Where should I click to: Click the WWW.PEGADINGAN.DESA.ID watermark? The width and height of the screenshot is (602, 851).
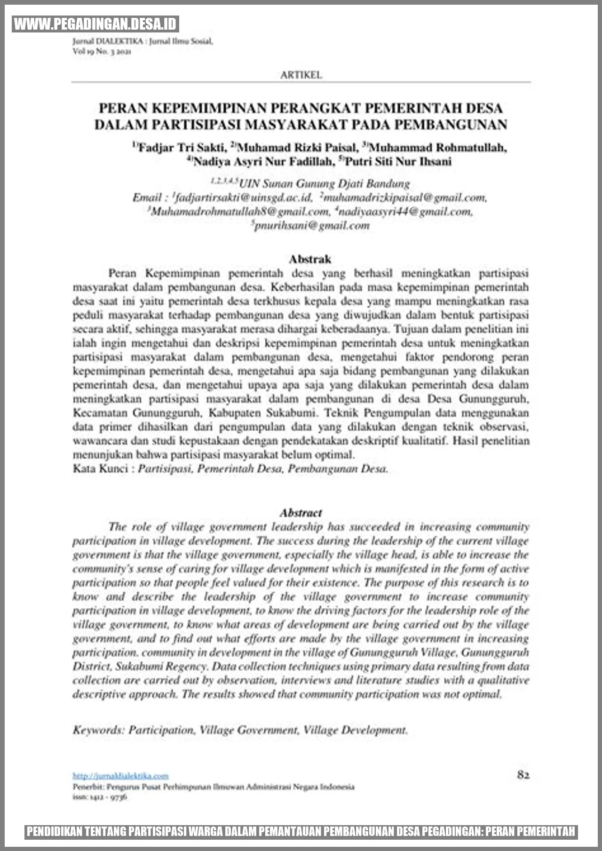click(x=95, y=24)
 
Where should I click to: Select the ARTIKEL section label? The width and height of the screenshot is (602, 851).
click(x=301, y=75)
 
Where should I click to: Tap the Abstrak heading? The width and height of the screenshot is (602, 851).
click(x=310, y=259)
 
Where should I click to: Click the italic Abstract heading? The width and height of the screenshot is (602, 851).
click(x=301, y=513)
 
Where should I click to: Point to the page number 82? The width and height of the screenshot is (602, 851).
click(x=523, y=775)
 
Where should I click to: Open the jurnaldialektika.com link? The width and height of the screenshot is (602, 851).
click(x=120, y=776)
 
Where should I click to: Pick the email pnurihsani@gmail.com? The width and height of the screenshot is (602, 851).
click(x=312, y=226)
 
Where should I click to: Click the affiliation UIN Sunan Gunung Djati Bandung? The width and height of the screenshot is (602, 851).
click(x=328, y=183)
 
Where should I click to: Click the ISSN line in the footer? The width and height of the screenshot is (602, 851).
click(x=100, y=797)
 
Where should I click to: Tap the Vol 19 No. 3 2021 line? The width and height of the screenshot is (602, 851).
click(x=102, y=52)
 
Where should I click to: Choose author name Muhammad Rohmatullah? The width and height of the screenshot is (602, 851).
click(x=437, y=148)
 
